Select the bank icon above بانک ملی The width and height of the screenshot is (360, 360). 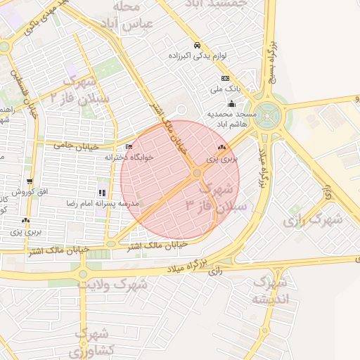(x=225, y=78)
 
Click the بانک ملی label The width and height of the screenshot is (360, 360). (x=225, y=90)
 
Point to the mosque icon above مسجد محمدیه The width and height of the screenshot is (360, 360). (x=232, y=103)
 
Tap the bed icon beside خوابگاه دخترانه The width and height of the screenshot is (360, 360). (x=129, y=146)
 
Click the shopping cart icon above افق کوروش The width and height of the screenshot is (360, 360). (x=30, y=180)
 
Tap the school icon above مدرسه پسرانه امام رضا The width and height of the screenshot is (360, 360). (x=102, y=192)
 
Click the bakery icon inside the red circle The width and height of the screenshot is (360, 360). (x=222, y=148)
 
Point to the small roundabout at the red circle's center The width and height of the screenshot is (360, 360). (x=196, y=173)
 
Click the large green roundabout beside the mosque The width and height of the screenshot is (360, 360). (x=269, y=110)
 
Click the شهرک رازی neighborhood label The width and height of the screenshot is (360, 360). (x=312, y=220)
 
